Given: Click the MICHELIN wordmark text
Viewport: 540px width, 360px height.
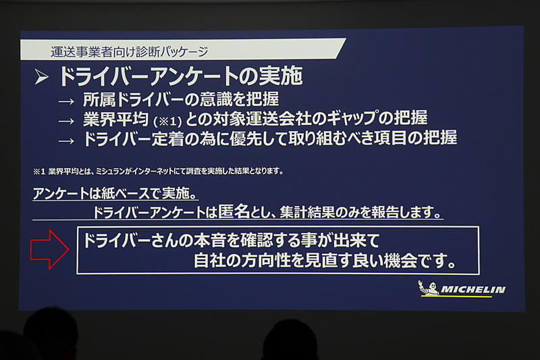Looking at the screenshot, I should pos(473,290).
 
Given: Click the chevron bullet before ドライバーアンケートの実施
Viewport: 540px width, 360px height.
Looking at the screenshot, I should pos(42,78).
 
